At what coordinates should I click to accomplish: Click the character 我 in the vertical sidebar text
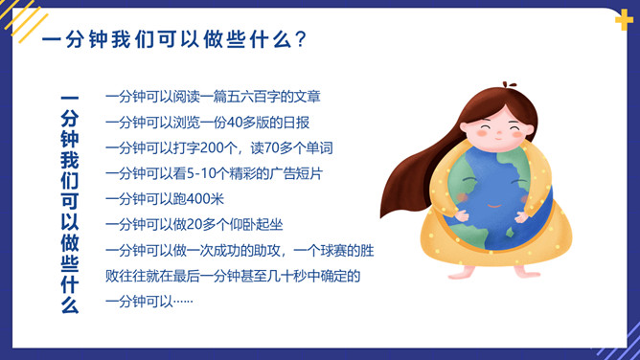pyautogui.click(x=69, y=160)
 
